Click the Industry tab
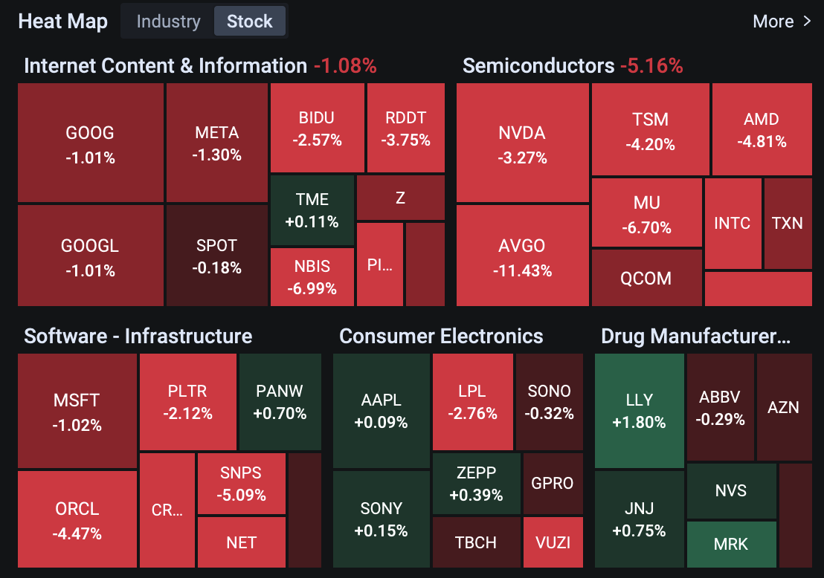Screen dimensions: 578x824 (x=168, y=22)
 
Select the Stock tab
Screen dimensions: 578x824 (x=249, y=22)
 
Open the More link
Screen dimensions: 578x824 (x=782, y=22)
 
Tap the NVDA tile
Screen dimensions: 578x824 (x=522, y=143)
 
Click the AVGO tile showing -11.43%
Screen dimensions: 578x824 (x=522, y=256)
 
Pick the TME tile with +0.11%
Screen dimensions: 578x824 (x=312, y=210)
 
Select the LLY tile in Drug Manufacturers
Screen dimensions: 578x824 (x=639, y=410)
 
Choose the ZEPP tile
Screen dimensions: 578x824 (x=476, y=483)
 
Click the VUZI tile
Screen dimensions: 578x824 (x=553, y=542)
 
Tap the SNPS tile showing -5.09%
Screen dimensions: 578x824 (x=241, y=483)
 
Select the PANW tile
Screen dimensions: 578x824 (x=280, y=401)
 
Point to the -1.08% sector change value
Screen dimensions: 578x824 (x=345, y=65)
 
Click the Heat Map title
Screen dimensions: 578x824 (x=62, y=22)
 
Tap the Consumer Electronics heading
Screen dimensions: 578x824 (x=441, y=336)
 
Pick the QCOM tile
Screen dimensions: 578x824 (x=646, y=278)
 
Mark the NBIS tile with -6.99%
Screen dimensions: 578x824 (x=312, y=276)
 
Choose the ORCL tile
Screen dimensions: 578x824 (x=77, y=520)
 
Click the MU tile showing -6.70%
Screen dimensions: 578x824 (x=646, y=215)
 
